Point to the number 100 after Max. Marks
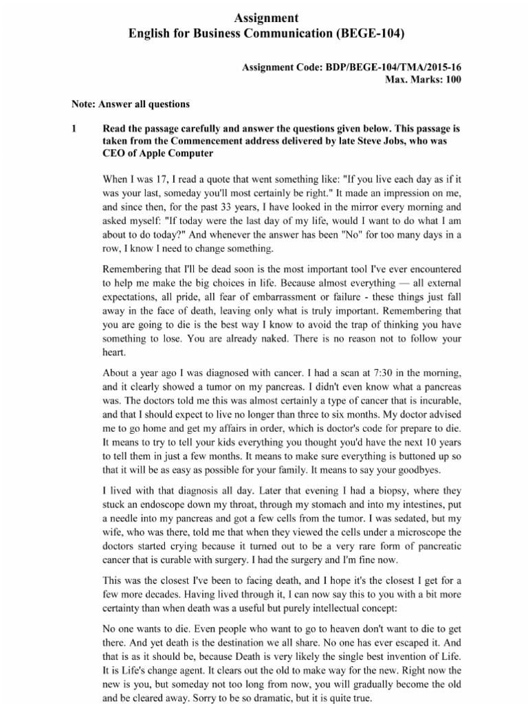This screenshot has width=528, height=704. pos(452,79)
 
